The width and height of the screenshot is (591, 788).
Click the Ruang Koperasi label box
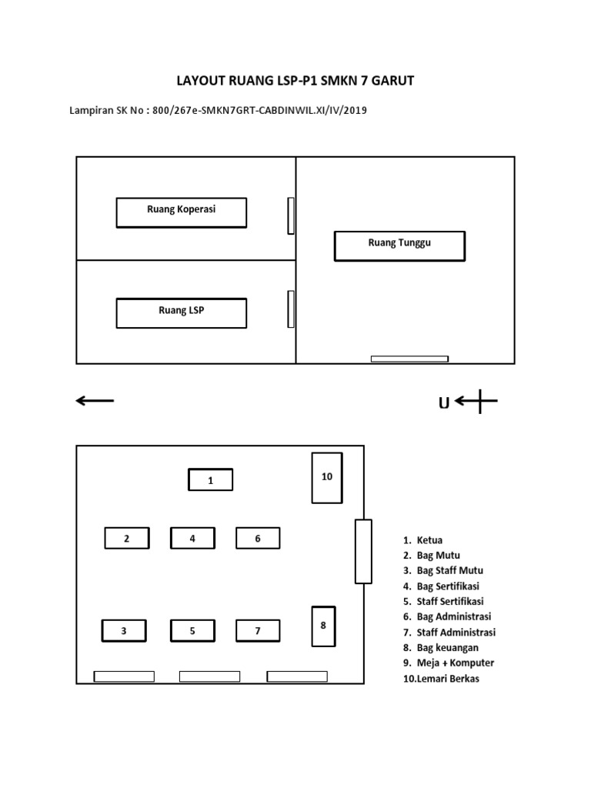pyautogui.click(x=182, y=212)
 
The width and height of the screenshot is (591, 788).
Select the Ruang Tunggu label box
pyautogui.click(x=399, y=246)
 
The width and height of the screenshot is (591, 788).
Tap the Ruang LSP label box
pyautogui.click(x=182, y=313)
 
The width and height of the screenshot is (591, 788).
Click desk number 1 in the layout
pyautogui.click(x=210, y=480)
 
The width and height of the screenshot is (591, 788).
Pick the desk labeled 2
pyautogui.click(x=127, y=538)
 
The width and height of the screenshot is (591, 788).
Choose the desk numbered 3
pyautogui.click(x=124, y=631)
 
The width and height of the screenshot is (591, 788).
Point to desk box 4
pyautogui.click(x=192, y=538)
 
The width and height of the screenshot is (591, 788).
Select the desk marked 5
pyautogui.click(x=192, y=631)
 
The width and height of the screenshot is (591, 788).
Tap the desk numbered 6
pyautogui.click(x=258, y=538)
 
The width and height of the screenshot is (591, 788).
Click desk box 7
pyautogui.click(x=258, y=631)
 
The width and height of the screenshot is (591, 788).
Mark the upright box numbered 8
pyautogui.click(x=323, y=626)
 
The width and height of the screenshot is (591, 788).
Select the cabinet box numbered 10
pyautogui.click(x=327, y=478)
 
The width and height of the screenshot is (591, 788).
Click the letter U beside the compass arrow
pyautogui.click(x=444, y=402)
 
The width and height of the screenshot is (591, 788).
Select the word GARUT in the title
pyautogui.click(x=390, y=81)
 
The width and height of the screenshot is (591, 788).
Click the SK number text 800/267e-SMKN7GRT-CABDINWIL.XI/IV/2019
pyautogui.click(x=260, y=111)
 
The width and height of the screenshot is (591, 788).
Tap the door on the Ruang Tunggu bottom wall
pyautogui.click(x=409, y=359)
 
